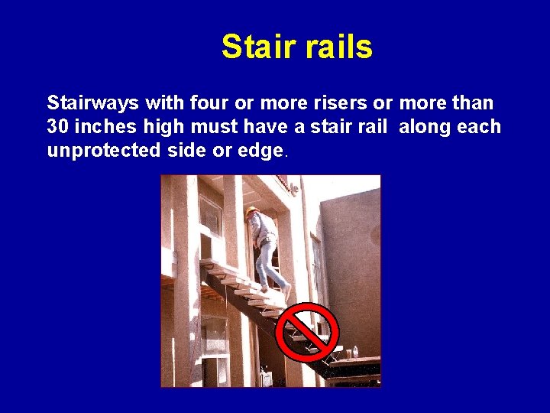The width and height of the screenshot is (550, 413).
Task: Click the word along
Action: pos(424,127)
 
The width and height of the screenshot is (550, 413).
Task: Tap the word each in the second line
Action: pos(479,127)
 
